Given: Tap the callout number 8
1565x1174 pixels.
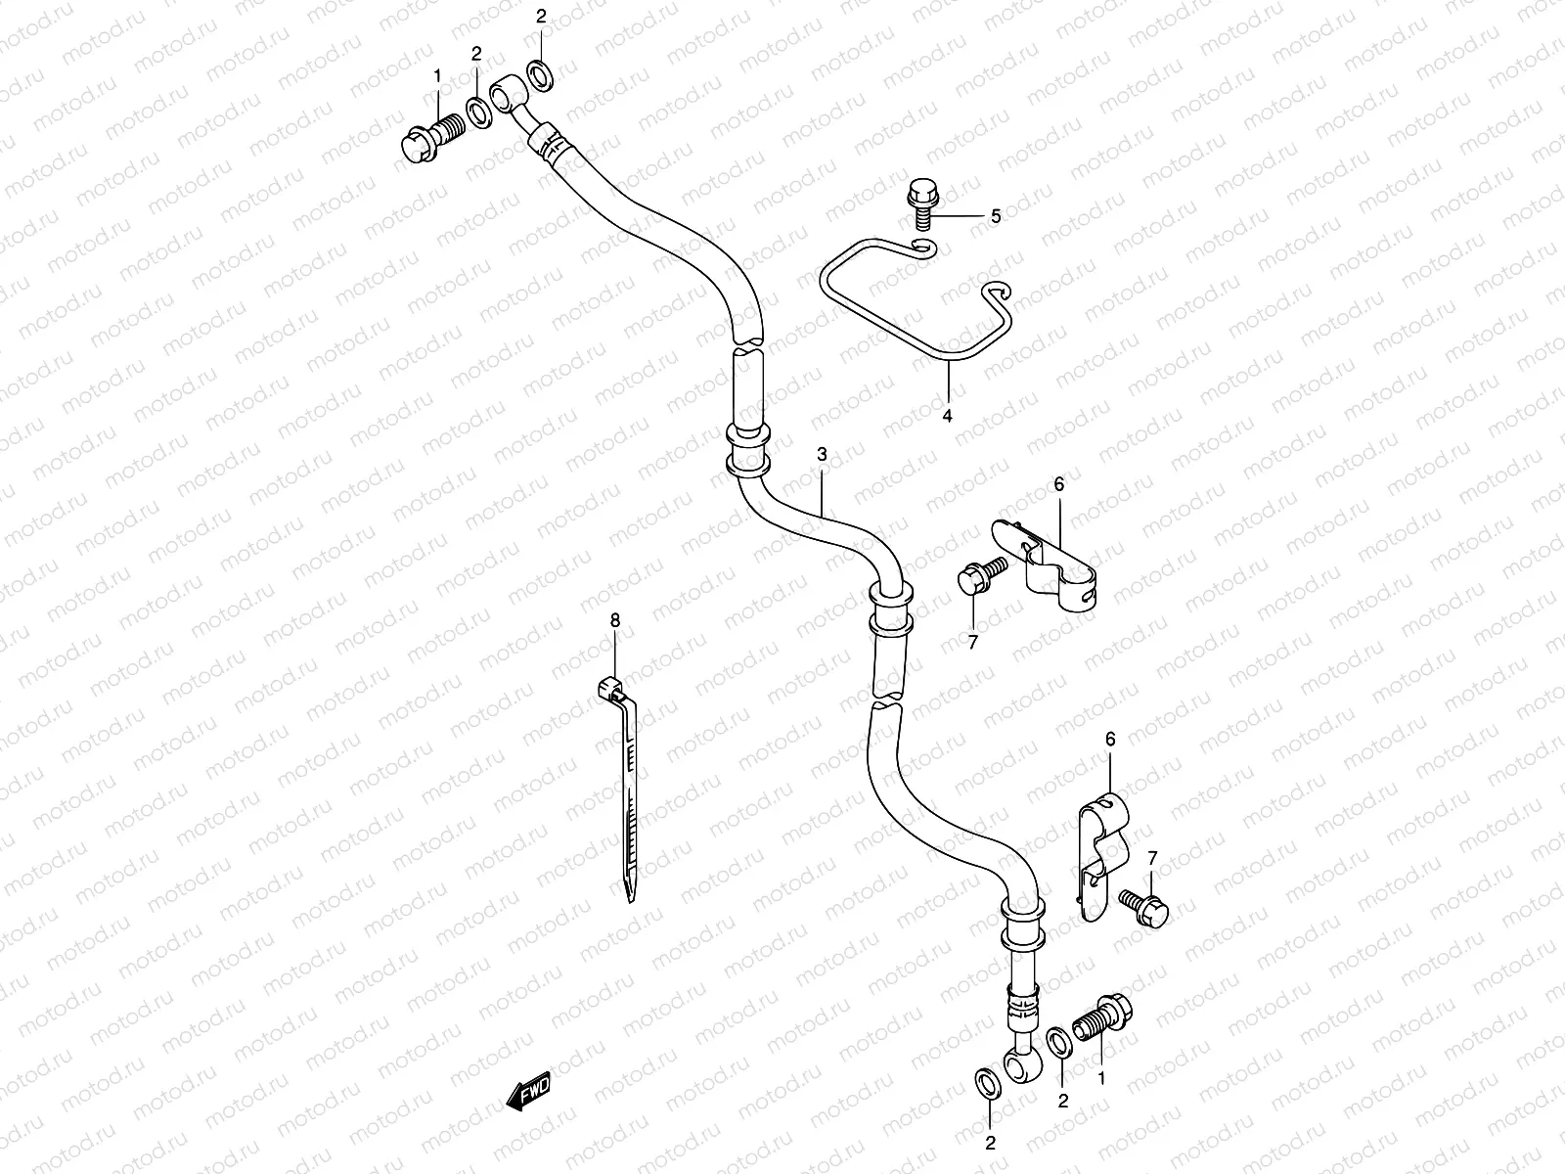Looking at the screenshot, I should click(615, 619).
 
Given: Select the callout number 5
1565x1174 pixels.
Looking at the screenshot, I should click(996, 216).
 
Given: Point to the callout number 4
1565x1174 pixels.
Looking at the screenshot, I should click(947, 416).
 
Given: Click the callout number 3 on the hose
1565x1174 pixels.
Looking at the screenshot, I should click(822, 454).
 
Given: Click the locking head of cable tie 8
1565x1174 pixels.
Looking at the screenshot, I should click(608, 690).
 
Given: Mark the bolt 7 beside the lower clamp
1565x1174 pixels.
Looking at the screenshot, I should click(1142, 905).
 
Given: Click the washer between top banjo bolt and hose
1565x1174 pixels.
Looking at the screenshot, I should click(478, 113).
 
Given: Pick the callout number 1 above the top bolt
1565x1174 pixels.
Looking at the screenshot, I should click(437, 75).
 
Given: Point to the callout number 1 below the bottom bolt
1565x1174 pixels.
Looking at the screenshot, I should click(1103, 1078).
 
